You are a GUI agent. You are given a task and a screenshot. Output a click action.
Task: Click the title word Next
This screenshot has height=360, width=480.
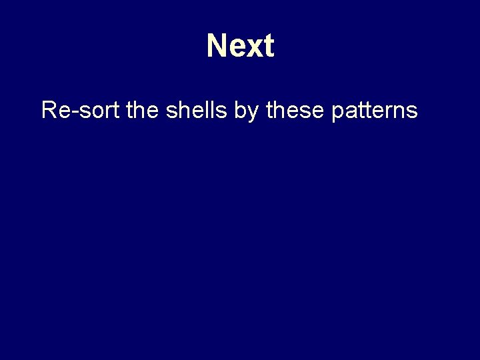[x=240, y=46]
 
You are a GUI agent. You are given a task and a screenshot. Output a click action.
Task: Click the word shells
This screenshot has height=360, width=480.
[x=197, y=109]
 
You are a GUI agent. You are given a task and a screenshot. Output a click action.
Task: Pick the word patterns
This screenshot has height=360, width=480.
[x=374, y=111]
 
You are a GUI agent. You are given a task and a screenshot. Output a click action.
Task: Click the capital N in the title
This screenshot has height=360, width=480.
[x=217, y=46]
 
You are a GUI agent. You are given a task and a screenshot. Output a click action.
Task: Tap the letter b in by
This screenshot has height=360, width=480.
[x=241, y=109]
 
